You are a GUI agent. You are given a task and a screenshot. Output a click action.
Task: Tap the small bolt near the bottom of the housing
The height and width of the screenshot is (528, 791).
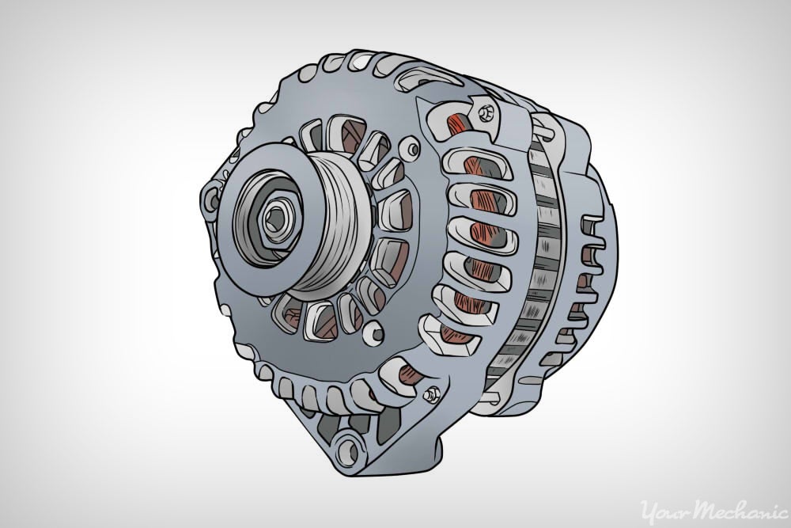431,394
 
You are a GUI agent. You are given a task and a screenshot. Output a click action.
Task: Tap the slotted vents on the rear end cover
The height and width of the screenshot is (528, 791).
589,261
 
